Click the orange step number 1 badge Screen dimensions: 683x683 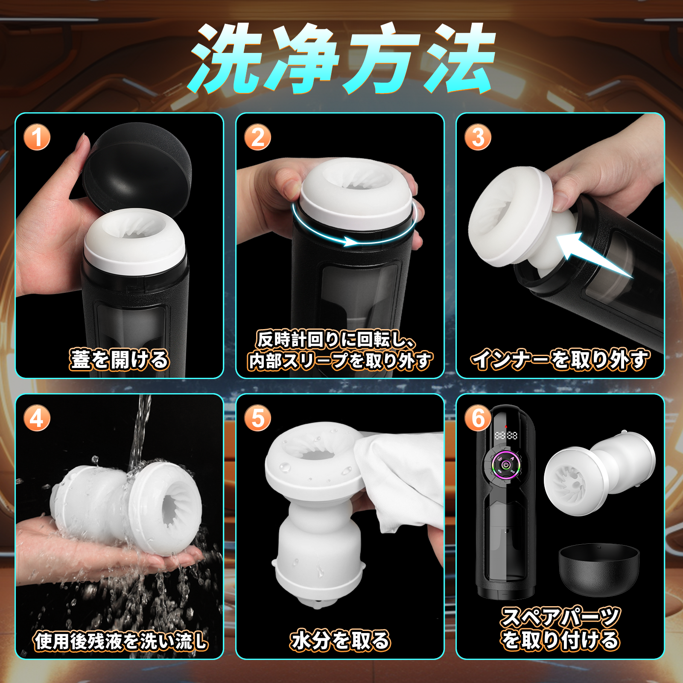pyautogui.click(x=37, y=137)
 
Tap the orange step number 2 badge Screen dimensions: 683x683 pyautogui.click(x=257, y=137)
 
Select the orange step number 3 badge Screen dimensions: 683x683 pyautogui.click(x=478, y=137)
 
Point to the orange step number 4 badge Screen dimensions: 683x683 pyautogui.click(x=37, y=418)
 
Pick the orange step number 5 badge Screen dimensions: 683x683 pyautogui.click(x=257, y=418)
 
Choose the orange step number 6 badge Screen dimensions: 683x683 pyautogui.click(x=478, y=418)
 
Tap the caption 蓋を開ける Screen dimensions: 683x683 pyautogui.click(x=120, y=359)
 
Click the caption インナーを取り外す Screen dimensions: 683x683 pyautogui.click(x=560, y=359)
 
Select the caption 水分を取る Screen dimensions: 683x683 pyautogui.click(x=340, y=641)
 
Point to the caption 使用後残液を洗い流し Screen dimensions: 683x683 pyautogui.click(x=121, y=641)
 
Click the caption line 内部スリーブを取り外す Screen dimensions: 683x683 pyautogui.click(x=340, y=361)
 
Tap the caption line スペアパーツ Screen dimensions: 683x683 pyautogui.click(x=560, y=617)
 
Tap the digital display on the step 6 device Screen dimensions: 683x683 pyautogui.click(x=506, y=436)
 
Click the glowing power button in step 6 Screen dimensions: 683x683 pyautogui.click(x=506, y=465)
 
